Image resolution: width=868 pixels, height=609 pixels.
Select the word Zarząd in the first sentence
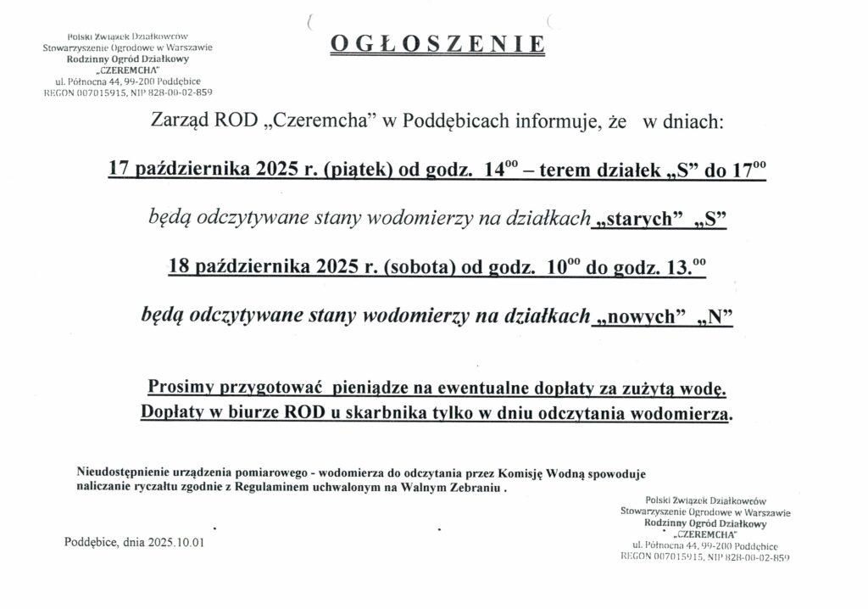pyautogui.click(x=181, y=122)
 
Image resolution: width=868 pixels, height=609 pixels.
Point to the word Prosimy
pyautogui.click(x=182, y=388)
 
